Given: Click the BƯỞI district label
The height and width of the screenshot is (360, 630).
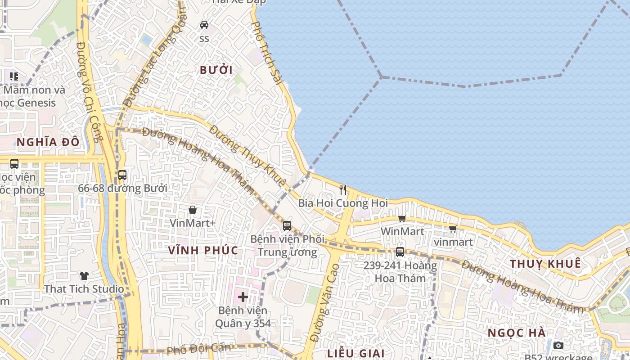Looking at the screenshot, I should click(x=216, y=70).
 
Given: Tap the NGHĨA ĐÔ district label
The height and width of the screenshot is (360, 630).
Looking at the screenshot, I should click(x=48, y=142).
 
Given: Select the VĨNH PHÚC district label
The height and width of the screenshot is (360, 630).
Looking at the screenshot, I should click(x=203, y=250).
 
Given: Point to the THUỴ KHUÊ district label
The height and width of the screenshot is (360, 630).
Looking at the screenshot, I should click(x=545, y=264).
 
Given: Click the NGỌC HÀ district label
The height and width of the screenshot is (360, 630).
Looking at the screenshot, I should click(x=517, y=333).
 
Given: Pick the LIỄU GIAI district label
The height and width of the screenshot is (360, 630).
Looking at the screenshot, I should click(x=355, y=353).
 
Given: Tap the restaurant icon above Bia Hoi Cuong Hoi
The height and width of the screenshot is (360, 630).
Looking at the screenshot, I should click(x=343, y=189).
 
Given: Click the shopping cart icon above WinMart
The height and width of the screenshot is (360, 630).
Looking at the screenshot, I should click(x=402, y=218).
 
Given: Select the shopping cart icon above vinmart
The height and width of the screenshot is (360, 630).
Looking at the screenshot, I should click(x=453, y=229).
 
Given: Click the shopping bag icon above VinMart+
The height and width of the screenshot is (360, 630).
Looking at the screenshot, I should click(x=193, y=210).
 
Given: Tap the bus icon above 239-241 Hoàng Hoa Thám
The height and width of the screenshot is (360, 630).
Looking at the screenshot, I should click(x=400, y=252).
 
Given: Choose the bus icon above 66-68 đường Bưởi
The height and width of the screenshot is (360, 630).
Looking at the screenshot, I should click(x=122, y=175).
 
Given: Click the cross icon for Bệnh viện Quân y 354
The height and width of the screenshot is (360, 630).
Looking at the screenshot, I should click(x=243, y=297).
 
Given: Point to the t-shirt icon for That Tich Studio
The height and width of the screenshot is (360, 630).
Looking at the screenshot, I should click(x=84, y=275).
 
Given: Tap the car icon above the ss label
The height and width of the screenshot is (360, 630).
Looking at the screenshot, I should click(x=204, y=24).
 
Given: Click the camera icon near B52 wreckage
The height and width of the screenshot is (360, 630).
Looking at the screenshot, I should click(x=558, y=345).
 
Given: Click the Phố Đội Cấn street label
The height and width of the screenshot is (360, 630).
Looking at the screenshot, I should click(x=198, y=348).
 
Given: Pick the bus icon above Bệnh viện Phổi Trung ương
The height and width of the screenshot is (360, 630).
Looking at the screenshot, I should click(x=287, y=225).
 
